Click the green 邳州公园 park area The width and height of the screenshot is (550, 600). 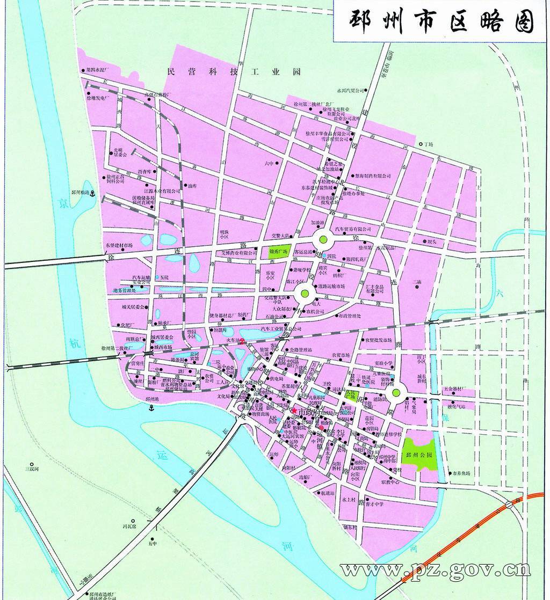point(419,454)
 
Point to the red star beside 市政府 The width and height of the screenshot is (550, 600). point(294,411)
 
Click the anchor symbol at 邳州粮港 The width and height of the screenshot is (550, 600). point(92,193)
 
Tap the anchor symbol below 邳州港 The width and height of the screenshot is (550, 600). point(151,408)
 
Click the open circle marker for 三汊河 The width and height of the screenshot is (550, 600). point(32,465)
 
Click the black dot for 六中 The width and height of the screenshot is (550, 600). point(277,164)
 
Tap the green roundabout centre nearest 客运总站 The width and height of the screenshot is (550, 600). point(324,240)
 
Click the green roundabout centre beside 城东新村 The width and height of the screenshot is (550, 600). point(396,393)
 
